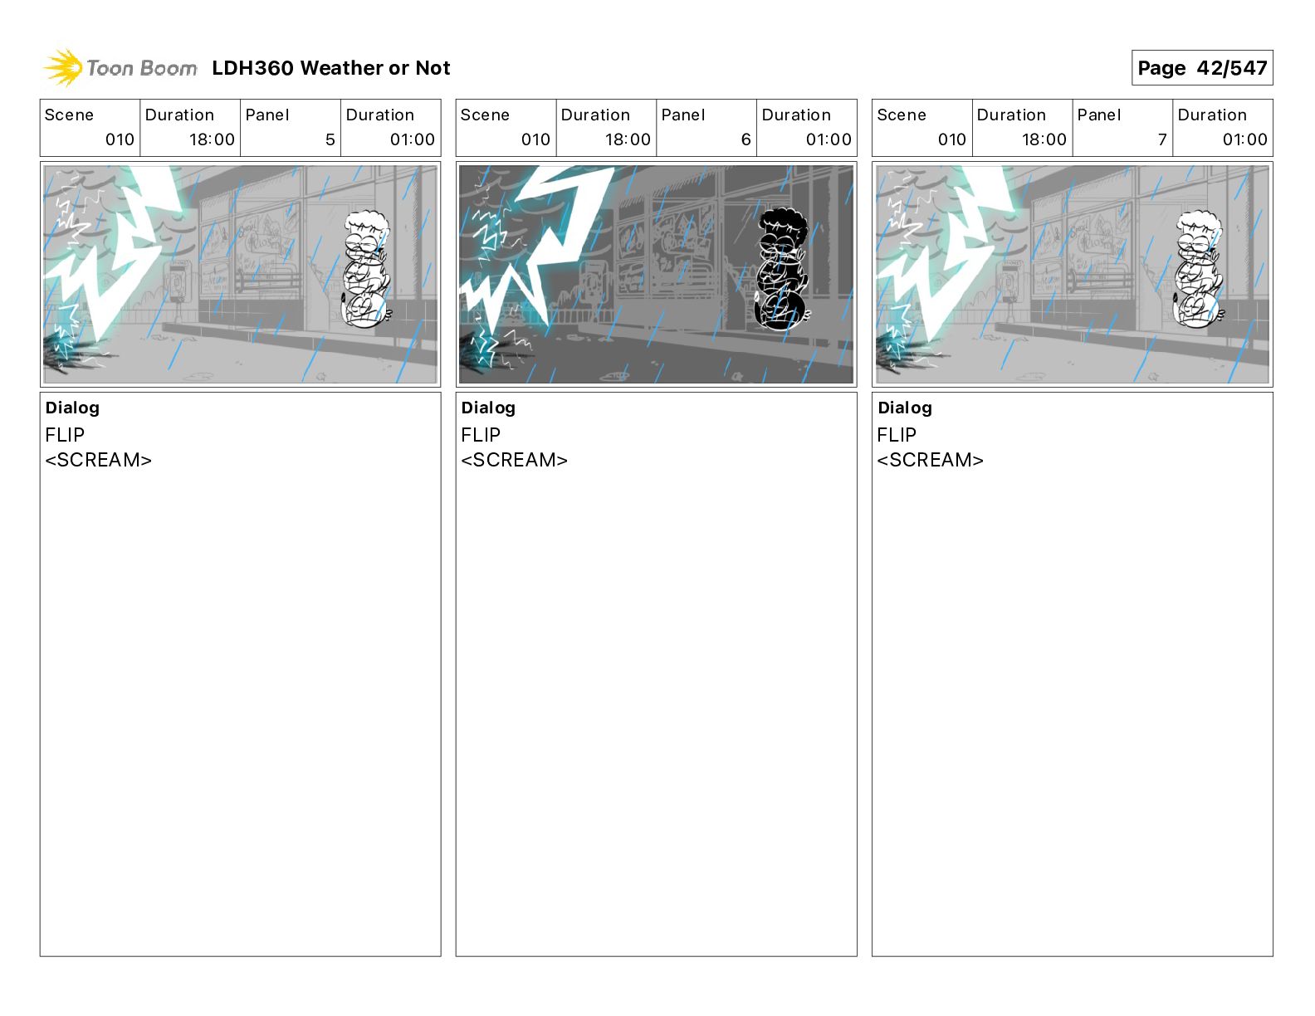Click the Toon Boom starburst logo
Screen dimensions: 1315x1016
coord(62,68)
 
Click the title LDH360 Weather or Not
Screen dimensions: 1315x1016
coord(331,68)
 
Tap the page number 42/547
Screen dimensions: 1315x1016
coord(1231,68)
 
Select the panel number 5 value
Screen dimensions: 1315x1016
coord(330,139)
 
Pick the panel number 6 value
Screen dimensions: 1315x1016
coord(745,139)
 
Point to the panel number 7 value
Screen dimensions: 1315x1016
coord(1162,139)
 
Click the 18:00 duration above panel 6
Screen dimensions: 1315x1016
coord(628,139)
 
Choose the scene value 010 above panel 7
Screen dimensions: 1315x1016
coord(951,139)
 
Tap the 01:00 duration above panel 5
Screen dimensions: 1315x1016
coord(412,139)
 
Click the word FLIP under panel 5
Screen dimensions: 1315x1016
coord(65,434)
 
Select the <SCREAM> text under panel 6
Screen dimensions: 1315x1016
coord(514,460)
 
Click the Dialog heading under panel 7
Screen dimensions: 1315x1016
coord(905,408)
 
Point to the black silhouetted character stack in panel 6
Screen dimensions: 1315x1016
coord(782,269)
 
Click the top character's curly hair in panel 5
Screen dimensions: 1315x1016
coord(367,222)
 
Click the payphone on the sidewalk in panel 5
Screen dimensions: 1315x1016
coord(177,285)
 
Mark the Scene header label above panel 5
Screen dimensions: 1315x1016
coord(69,115)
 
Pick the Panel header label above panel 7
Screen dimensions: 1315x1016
coord(1099,115)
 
